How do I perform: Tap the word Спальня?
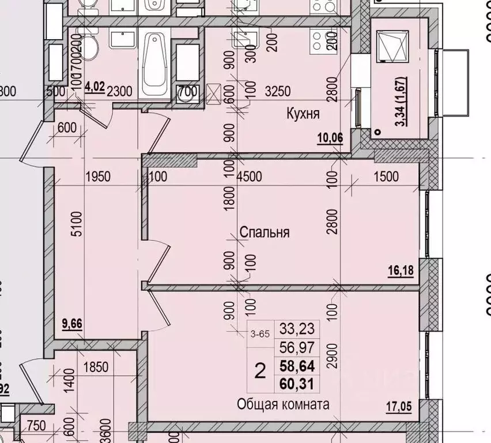click(264, 232)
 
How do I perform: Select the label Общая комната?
click(284, 404)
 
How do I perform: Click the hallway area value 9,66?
click(72, 323)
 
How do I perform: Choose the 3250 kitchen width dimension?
click(277, 91)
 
